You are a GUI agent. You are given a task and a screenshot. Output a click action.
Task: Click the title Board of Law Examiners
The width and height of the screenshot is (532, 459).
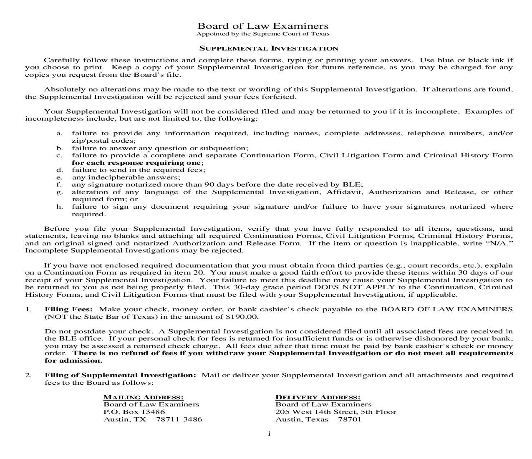(263, 26)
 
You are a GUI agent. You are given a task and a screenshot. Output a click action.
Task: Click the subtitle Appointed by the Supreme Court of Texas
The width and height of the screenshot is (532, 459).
(263, 34)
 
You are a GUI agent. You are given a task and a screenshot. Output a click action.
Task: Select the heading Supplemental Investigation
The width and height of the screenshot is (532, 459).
(269, 49)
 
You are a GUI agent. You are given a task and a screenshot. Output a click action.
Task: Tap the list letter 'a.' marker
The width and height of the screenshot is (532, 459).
(60, 134)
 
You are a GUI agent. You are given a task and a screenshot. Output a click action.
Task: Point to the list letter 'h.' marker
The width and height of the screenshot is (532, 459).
(60, 207)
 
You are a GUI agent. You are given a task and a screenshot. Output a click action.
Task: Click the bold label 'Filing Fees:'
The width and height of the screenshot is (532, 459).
(69, 310)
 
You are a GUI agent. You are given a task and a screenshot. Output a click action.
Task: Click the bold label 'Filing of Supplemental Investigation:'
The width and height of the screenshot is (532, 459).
(120, 375)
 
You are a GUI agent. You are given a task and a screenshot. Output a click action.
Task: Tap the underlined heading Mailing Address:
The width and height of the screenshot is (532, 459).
(143, 397)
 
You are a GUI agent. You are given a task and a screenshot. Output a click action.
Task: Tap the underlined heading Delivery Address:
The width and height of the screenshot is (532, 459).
(318, 397)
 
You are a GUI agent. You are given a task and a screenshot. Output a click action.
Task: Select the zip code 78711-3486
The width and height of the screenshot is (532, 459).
(179, 419)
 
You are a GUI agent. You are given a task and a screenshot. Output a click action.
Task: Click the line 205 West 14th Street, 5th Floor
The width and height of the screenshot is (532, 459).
(335, 412)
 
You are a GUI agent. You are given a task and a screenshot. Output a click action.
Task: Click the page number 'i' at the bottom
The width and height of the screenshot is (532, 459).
(269, 434)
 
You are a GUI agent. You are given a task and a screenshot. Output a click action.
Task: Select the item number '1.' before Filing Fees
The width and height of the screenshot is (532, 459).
(28, 310)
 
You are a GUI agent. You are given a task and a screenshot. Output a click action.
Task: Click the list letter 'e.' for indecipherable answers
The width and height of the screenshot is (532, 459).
(60, 177)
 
